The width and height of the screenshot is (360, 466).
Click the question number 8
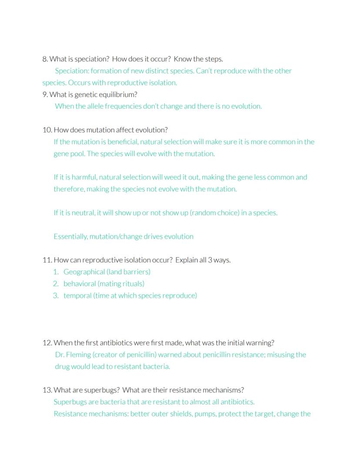45,59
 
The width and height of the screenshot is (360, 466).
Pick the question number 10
47,130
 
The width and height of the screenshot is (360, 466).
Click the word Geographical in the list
84,272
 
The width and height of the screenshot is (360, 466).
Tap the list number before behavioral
56,284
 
